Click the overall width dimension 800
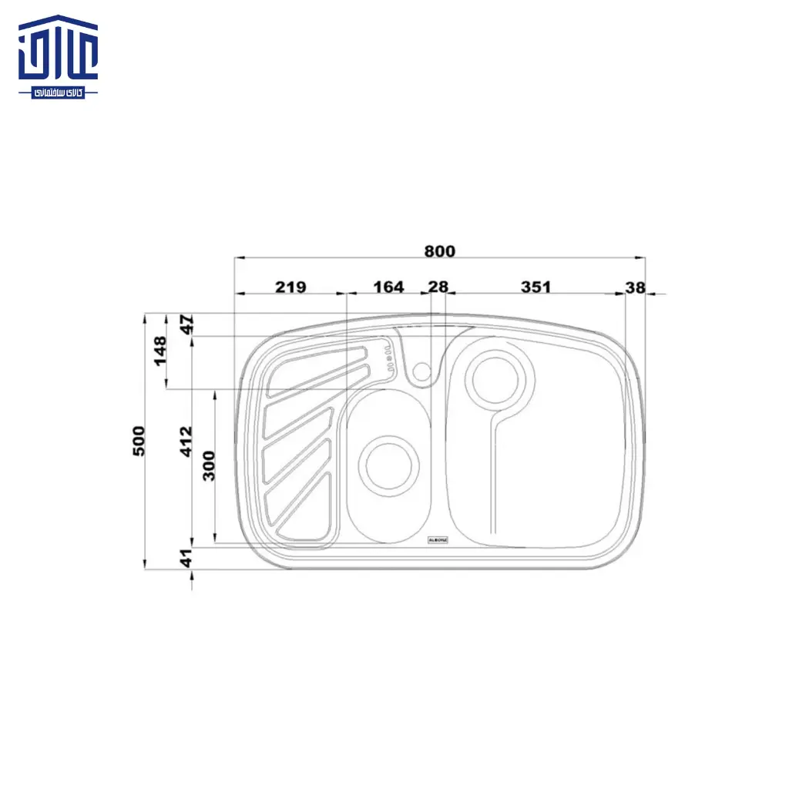(x=439, y=251)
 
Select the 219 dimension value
(x=290, y=287)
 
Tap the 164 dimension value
(x=388, y=287)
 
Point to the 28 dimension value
(x=438, y=287)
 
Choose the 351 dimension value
(x=536, y=287)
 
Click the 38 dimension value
(x=635, y=287)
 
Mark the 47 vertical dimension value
(x=186, y=324)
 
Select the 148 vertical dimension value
(x=160, y=351)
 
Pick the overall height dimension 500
(x=139, y=441)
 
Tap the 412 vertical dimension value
(x=186, y=442)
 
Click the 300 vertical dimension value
(x=209, y=465)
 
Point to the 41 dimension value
(x=186, y=559)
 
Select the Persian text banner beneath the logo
(x=59, y=92)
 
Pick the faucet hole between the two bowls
(x=421, y=371)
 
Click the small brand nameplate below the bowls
(x=437, y=540)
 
